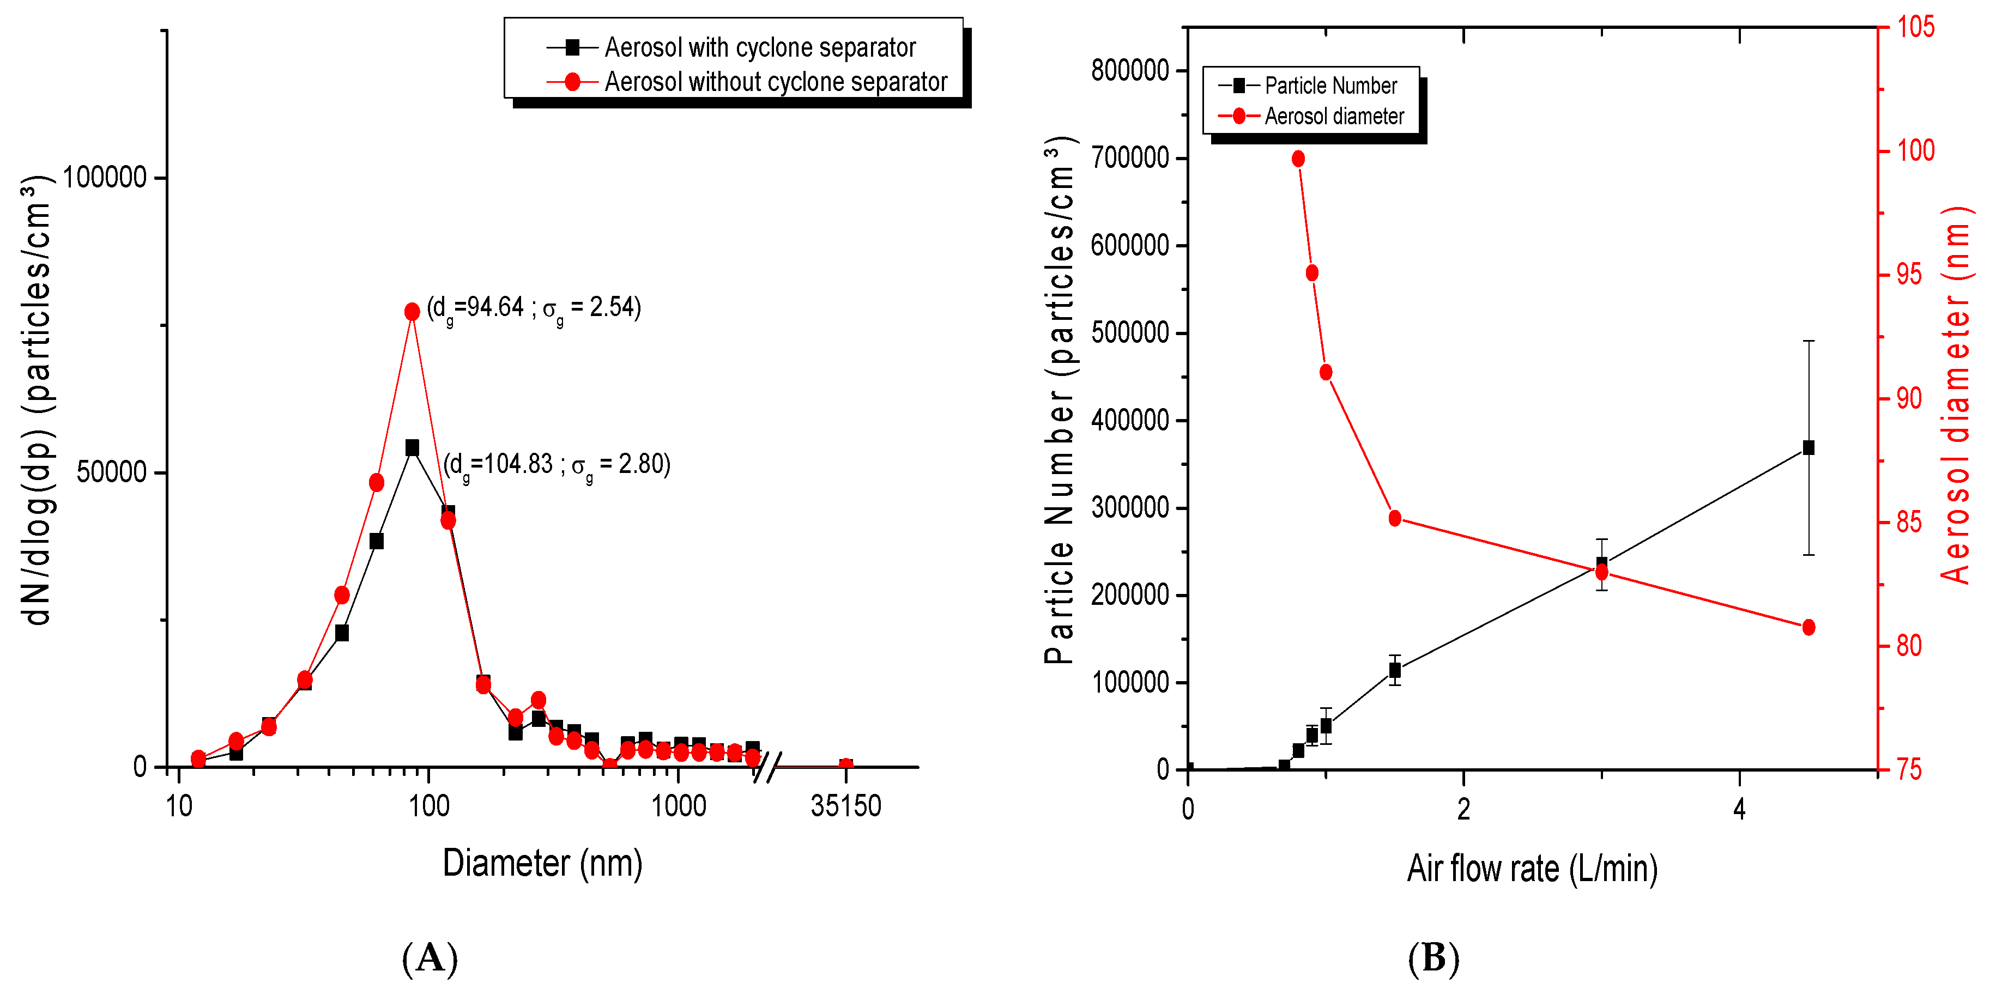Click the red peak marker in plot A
412,311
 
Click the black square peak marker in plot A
412,448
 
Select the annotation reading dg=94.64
534,308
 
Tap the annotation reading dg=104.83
557,465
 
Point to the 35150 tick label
845,806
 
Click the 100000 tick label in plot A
105,177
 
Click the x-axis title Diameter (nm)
542,864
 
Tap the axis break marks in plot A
767,766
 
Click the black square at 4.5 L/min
1809,448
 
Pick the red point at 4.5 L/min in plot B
1809,627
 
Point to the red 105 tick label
1915,27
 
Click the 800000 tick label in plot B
1130,70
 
